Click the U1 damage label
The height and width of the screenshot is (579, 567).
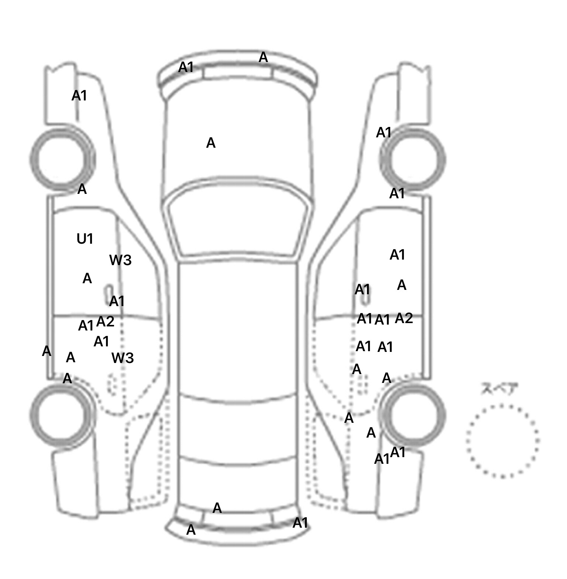[x=85, y=239]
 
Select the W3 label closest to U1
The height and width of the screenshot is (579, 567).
[x=120, y=260]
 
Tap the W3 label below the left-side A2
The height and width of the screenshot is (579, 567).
[x=123, y=358]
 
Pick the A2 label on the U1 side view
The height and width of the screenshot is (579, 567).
[x=105, y=322]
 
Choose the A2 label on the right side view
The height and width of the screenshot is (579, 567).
[x=404, y=318]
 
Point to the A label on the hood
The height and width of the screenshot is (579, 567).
[x=210, y=143]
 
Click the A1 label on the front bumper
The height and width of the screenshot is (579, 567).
[x=186, y=67]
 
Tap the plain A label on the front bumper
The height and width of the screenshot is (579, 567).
[x=263, y=57]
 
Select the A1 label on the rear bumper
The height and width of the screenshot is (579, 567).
[x=300, y=523]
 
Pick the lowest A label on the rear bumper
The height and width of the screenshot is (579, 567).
[x=191, y=530]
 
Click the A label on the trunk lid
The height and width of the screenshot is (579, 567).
[x=217, y=508]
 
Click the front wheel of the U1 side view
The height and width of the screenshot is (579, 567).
[x=62, y=160]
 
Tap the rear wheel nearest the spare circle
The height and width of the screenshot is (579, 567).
[x=413, y=414]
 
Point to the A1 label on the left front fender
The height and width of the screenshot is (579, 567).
[x=79, y=96]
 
